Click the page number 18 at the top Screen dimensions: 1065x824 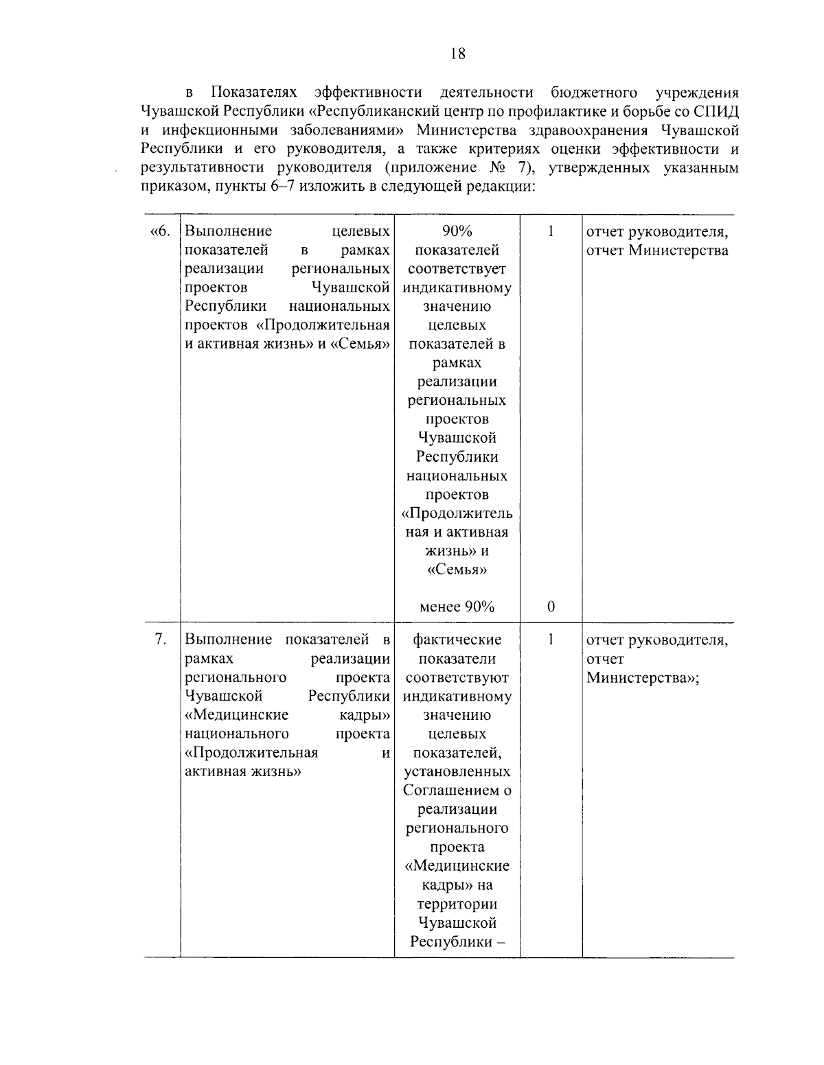tap(458, 54)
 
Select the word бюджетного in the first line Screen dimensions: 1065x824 tap(594, 93)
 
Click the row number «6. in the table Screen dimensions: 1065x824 tap(159, 231)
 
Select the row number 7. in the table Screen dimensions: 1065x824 tap(160, 640)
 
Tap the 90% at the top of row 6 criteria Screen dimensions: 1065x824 tap(457, 231)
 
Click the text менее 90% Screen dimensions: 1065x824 tap(457, 607)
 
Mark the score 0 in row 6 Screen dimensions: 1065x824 tap(551, 607)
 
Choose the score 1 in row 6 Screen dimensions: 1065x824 tap(551, 231)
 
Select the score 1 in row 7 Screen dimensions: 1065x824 tap(551, 640)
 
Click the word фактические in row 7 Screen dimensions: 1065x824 tap(457, 640)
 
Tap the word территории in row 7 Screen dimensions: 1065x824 tap(457, 904)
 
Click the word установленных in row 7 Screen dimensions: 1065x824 tap(457, 772)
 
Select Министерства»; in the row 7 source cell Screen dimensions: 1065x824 tap(642, 678)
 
